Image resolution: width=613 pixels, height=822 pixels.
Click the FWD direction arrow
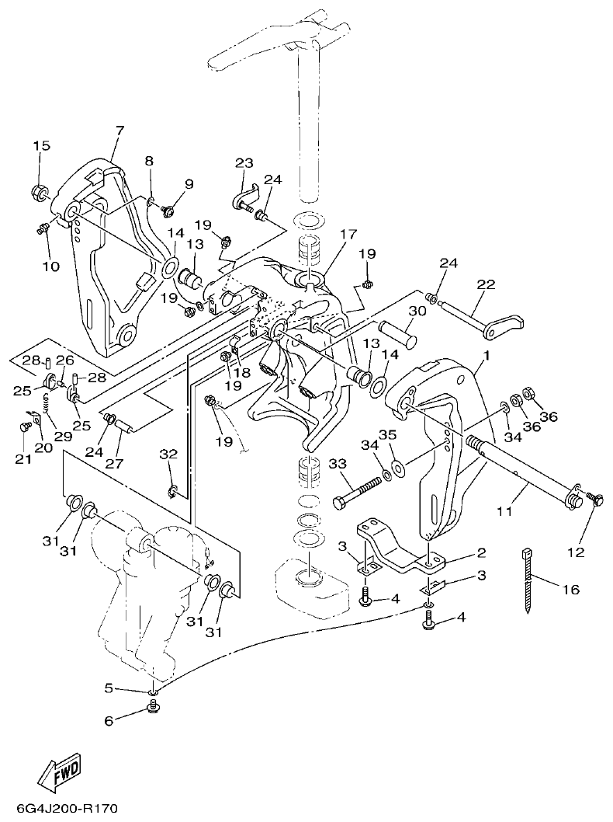coord(61,771)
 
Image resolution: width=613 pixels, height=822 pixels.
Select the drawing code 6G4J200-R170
coord(61,809)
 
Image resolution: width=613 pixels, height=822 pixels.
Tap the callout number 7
coord(119,131)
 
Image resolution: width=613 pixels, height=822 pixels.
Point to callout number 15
coord(41,146)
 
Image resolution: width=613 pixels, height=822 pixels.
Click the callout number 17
coord(347,233)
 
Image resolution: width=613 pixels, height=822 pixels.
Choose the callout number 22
coord(486,285)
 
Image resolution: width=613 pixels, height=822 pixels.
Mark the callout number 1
coord(486,356)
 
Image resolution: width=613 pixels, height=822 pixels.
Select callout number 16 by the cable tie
coord(570,590)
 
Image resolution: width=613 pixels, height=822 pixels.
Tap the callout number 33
coord(338,464)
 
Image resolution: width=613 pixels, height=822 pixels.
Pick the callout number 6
coord(109,721)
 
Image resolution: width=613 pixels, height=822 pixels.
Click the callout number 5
coord(109,687)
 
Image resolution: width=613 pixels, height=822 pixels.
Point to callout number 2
coord(481,553)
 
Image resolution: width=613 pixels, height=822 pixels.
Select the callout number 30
coord(417,310)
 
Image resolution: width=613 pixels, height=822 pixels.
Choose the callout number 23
coord(244,163)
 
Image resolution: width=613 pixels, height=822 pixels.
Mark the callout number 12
coord(575,552)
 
